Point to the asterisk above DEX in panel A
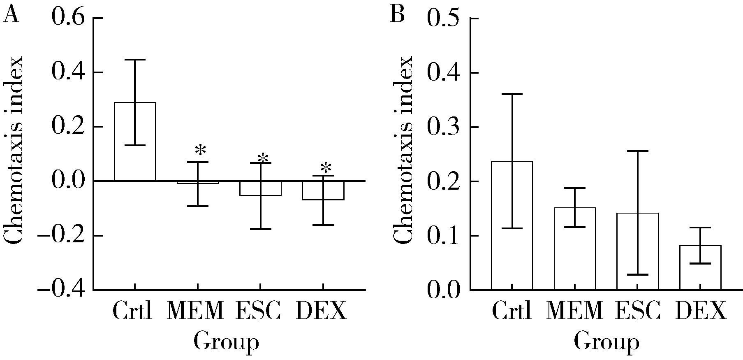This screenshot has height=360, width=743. [326, 168]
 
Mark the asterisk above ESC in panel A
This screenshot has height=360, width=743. [263, 158]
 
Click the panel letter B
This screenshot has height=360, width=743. [397, 16]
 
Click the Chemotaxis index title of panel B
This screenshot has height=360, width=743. [402, 150]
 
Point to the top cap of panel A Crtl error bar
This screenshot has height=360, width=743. [135, 60]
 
